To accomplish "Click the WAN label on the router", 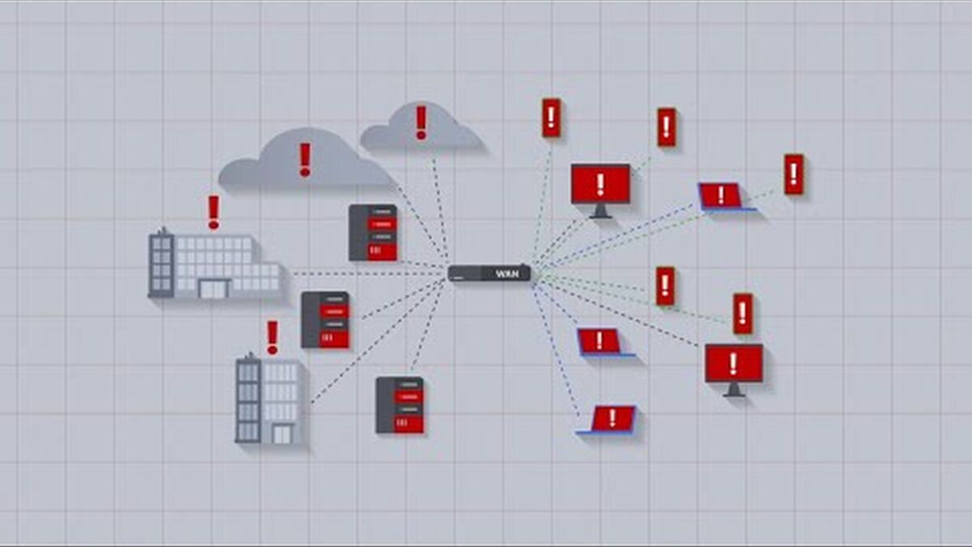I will (505, 275).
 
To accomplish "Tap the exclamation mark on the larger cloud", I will (305, 160).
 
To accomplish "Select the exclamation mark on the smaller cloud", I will (420, 122).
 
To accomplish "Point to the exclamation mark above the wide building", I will (213, 212).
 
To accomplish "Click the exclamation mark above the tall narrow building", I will (272, 337).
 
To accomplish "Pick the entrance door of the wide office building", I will (214, 288).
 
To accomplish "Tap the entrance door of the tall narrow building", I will (281, 434).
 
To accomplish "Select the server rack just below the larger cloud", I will (373, 233).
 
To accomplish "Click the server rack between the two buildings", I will (326, 320).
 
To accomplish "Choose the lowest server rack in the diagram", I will (400, 405).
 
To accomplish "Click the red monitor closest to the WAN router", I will (600, 185).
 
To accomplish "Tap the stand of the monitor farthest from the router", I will (734, 390).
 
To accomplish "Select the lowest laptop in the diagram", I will (610, 419).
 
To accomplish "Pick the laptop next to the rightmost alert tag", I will (722, 195).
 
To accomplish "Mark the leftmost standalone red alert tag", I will (551, 118).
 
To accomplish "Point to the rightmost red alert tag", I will (794, 173).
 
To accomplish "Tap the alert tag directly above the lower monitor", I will (743, 314).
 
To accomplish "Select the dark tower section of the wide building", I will (161, 263).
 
